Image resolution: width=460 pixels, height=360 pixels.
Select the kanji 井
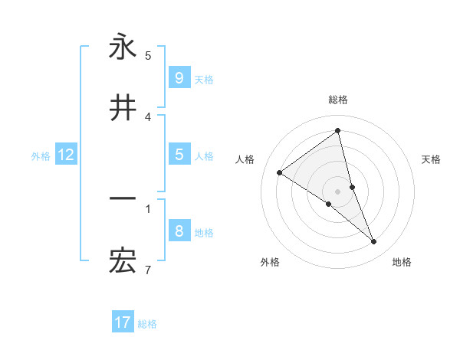123,108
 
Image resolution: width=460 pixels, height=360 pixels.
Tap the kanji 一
123,198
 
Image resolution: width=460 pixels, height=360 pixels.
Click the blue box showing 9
179,77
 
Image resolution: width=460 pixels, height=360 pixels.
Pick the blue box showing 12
65,155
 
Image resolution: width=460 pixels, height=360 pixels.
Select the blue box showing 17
123,322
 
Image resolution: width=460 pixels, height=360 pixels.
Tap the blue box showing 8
179,231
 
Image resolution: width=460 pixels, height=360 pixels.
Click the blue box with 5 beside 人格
179,155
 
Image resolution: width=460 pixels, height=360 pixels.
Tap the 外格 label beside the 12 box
41,155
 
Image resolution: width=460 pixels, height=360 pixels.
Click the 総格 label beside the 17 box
147,323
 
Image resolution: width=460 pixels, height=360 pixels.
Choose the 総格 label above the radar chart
337,100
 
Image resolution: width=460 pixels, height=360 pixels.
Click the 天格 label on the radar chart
431,159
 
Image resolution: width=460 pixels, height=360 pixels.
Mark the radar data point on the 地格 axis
374,242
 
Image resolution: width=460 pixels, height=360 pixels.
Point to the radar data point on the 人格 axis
279,172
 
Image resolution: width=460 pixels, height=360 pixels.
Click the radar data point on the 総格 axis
337,130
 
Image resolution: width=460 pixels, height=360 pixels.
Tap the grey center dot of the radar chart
337,191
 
